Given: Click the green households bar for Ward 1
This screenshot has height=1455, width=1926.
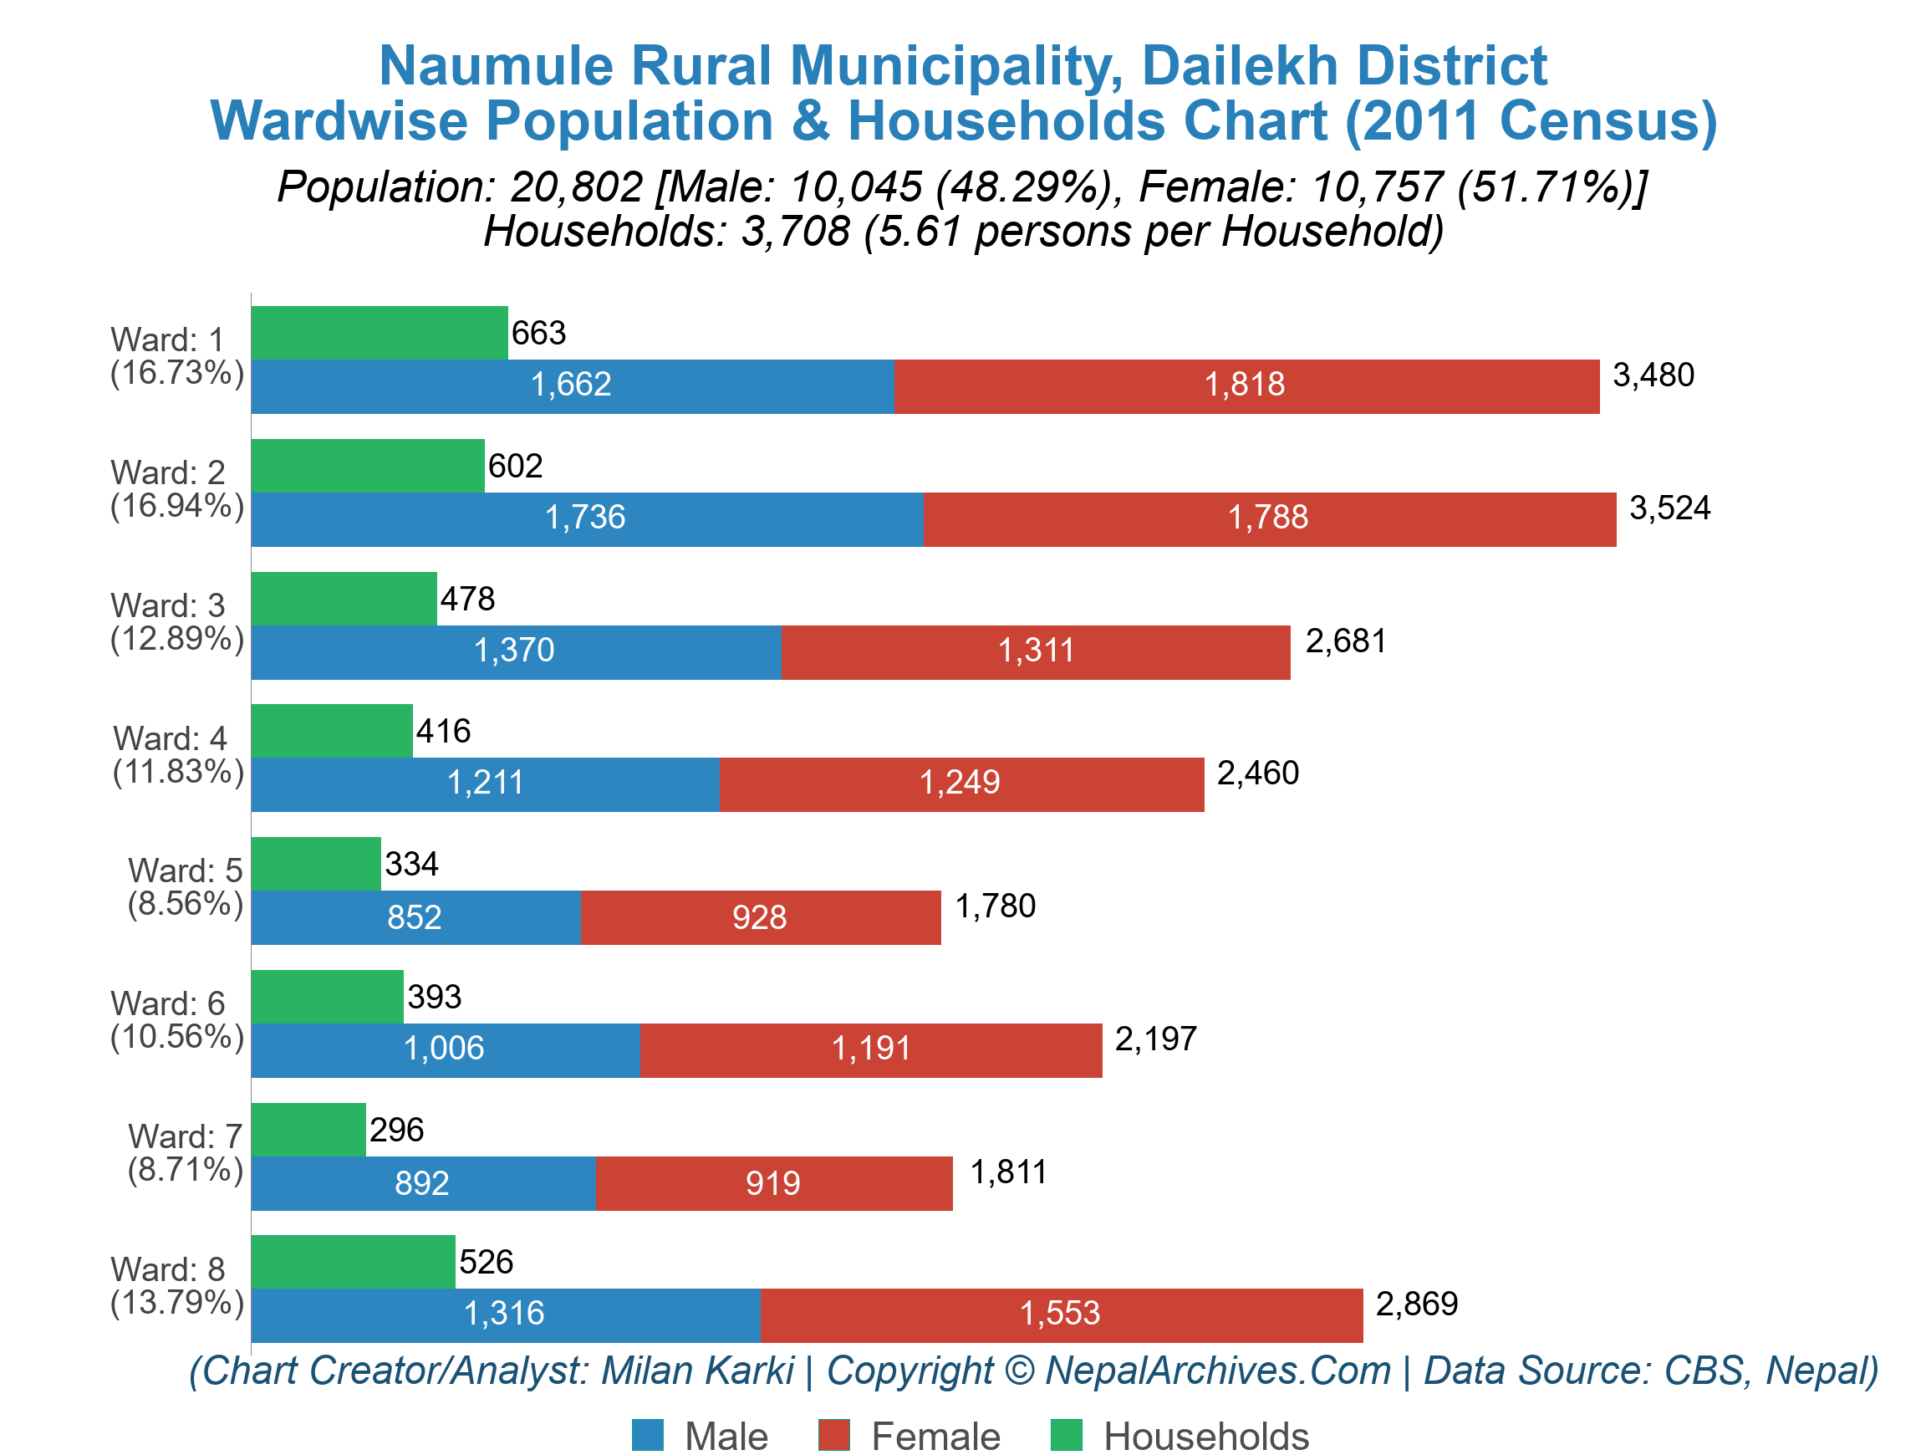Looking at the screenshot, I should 379,333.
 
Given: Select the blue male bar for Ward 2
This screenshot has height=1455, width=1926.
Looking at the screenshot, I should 587,519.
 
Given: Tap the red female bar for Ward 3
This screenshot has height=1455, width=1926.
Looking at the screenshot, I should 1034,652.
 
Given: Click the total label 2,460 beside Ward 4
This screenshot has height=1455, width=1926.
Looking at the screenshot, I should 1256,773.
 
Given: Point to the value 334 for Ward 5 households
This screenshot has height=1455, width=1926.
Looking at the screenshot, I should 411,865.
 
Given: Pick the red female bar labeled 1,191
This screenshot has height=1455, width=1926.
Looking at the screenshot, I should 871,1049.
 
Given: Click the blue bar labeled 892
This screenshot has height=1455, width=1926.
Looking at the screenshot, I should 423,1183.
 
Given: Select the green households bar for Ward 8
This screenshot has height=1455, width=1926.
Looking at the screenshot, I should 353,1262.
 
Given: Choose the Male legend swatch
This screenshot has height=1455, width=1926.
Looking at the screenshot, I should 647,1435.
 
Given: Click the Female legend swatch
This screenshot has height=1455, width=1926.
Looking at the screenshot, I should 833,1435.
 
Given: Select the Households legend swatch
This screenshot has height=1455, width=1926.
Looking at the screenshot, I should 1066,1435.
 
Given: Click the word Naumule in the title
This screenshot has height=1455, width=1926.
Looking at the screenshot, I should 497,66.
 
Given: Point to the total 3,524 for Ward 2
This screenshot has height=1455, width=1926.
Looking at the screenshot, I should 1669,508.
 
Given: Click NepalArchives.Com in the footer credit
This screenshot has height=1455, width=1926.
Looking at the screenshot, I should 1217,1371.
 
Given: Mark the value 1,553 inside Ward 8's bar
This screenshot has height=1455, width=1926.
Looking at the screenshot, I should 1060,1313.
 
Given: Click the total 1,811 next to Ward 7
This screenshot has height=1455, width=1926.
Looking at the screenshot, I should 1007,1173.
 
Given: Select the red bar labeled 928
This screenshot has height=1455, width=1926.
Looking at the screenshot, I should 760,918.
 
